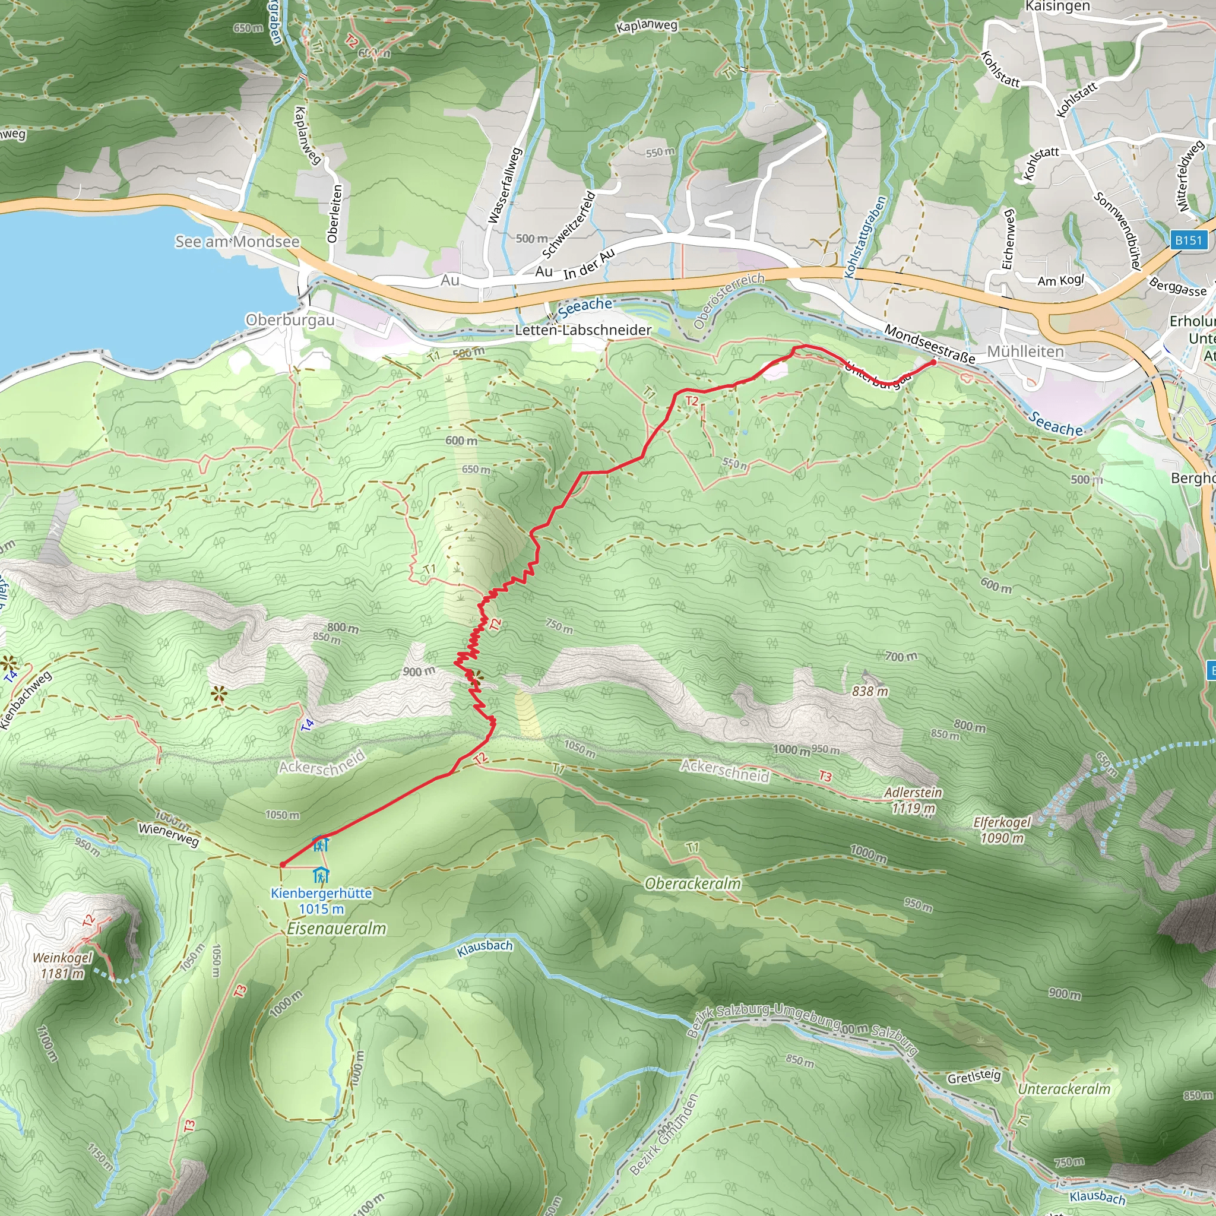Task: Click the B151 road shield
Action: pyautogui.click(x=1188, y=240)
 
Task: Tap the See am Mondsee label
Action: pyautogui.click(x=237, y=242)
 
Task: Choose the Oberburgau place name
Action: pyautogui.click(x=290, y=320)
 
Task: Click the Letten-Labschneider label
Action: pyautogui.click(x=584, y=330)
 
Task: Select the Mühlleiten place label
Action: pyautogui.click(x=1025, y=351)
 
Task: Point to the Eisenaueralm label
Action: pyautogui.click(x=336, y=929)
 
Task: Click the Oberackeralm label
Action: pyautogui.click(x=693, y=883)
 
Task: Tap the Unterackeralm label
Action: pyautogui.click(x=1063, y=1089)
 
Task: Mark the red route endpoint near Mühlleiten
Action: pyautogui.click(x=933, y=363)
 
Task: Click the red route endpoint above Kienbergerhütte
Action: pyautogui.click(x=283, y=864)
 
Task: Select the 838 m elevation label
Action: pyautogui.click(x=870, y=691)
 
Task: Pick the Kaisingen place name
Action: pyautogui.click(x=1057, y=7)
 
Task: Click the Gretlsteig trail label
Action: pyautogui.click(x=974, y=1076)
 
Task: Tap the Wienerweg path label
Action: pyautogui.click(x=169, y=835)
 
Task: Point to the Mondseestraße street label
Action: pyautogui.click(x=930, y=344)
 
